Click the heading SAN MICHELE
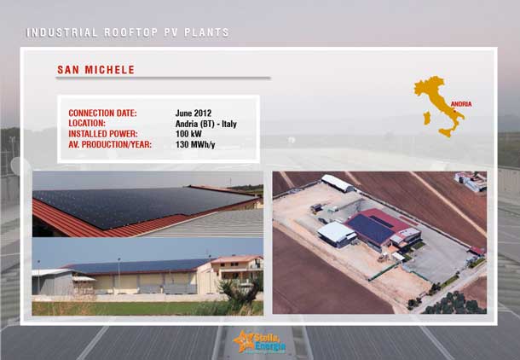click(x=95, y=70)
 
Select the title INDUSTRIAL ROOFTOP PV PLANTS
click(x=128, y=32)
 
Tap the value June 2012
click(x=194, y=113)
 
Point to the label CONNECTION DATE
click(x=102, y=113)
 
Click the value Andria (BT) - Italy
click(x=206, y=124)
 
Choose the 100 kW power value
click(x=188, y=134)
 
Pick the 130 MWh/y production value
click(x=195, y=145)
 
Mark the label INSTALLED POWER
click(x=103, y=134)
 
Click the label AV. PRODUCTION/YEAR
click(x=110, y=145)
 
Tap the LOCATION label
click(x=87, y=124)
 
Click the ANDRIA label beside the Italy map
click(x=461, y=104)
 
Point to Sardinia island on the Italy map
click(x=427, y=118)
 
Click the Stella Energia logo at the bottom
click(x=259, y=342)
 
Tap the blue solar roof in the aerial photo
click(x=370, y=229)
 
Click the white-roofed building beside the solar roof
click(x=337, y=235)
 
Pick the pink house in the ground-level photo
click(x=237, y=268)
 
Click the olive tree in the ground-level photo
click(x=240, y=293)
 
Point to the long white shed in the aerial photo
click(x=338, y=183)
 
